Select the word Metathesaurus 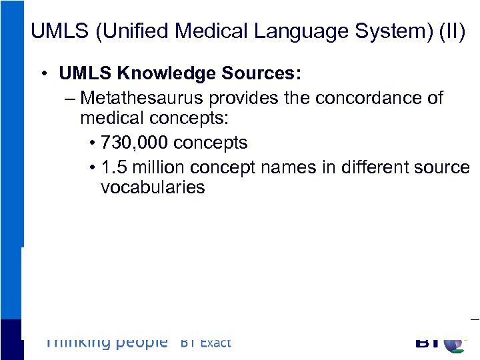click(x=141, y=98)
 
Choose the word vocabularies click(x=153, y=187)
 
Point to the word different click(x=371, y=167)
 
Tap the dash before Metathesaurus click(x=71, y=99)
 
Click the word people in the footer click(x=141, y=343)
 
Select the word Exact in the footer click(x=215, y=343)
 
